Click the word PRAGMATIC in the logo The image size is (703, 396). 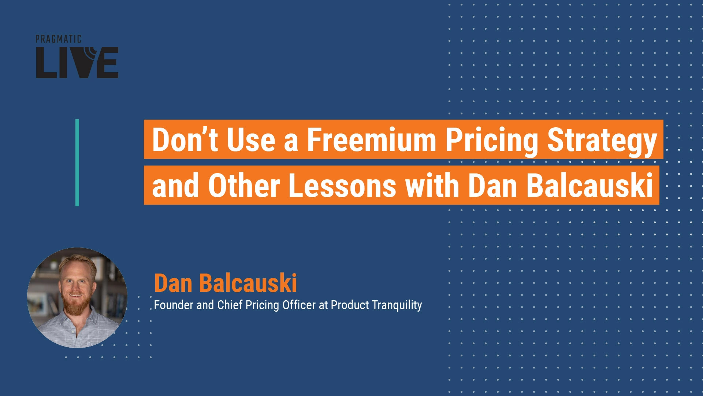click(58, 39)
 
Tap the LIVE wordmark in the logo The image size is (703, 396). click(77, 62)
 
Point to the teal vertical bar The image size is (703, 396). click(77, 162)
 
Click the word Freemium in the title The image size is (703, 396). click(371, 140)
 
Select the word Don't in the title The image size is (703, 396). click(185, 140)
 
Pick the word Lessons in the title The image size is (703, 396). click(342, 185)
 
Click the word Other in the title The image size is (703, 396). click(244, 185)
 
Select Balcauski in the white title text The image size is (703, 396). click(590, 185)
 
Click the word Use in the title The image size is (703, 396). click(251, 140)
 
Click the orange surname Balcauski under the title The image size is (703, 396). click(248, 283)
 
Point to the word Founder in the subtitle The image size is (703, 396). click(174, 305)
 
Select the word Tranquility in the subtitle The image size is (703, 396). click(397, 305)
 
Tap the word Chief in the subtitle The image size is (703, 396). click(230, 305)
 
